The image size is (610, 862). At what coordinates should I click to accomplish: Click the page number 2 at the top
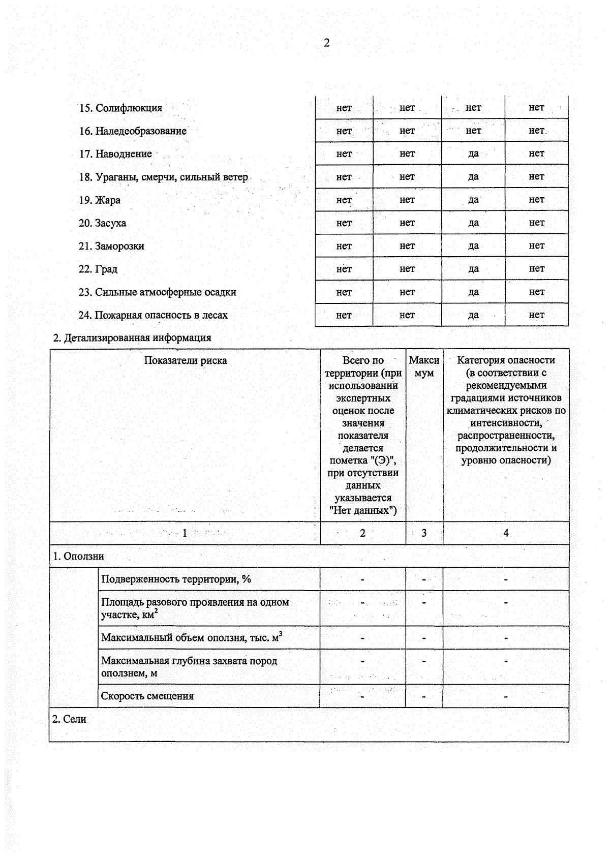pos(326,43)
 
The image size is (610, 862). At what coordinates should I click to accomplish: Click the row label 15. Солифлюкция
pos(120,108)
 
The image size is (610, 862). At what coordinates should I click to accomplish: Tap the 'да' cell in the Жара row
pos(473,200)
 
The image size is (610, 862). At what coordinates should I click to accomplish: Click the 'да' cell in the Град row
pos(473,269)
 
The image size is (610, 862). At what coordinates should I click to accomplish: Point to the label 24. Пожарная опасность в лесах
pos(153,315)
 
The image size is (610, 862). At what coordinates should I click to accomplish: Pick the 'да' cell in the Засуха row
pos(473,223)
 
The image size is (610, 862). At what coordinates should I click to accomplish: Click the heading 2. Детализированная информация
pos(132,337)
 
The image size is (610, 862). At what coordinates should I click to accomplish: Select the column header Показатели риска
pos(185,360)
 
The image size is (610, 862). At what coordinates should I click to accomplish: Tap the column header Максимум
pos(424,366)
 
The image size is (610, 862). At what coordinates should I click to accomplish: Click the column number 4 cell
pos(506,533)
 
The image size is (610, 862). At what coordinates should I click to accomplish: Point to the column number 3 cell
pos(424,533)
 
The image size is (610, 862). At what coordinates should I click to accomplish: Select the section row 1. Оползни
pos(79,556)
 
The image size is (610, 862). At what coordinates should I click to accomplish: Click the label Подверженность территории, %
pos(176,579)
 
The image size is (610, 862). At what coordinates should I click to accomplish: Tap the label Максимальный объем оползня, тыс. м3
pos(191,637)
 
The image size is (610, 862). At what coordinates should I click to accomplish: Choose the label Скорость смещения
pos(147,696)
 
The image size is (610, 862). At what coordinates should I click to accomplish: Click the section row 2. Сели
pos(69,719)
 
